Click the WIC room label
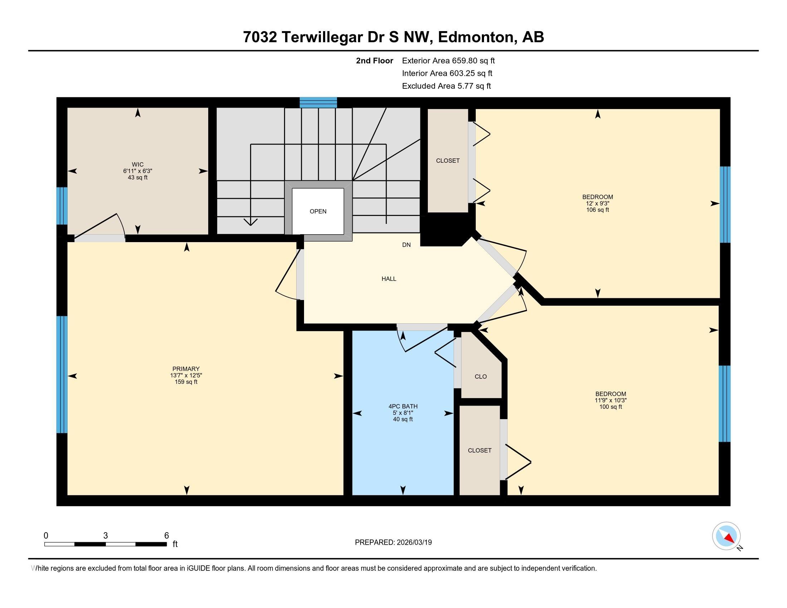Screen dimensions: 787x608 (138, 165)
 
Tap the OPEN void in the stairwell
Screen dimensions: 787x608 (318, 211)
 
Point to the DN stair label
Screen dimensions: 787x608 (406, 245)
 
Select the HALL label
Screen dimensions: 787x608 (389, 279)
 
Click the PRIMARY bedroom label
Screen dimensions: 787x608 (186, 369)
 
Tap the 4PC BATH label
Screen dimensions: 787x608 (403, 406)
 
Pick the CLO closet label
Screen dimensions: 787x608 (481, 377)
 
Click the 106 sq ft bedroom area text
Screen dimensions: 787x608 (597, 210)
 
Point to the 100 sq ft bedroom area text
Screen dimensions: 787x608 (610, 407)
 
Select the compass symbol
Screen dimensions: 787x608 (726, 536)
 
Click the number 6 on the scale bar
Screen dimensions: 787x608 (166, 536)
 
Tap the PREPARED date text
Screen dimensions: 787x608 (393, 543)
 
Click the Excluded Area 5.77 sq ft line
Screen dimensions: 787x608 (446, 86)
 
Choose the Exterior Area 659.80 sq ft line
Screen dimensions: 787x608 (448, 60)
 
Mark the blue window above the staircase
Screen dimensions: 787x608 (318, 103)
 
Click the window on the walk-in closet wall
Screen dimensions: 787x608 (62, 206)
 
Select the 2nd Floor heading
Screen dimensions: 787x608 (375, 60)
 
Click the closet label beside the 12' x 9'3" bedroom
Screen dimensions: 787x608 (448, 161)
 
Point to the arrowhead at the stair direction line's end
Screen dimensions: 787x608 (250, 221)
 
